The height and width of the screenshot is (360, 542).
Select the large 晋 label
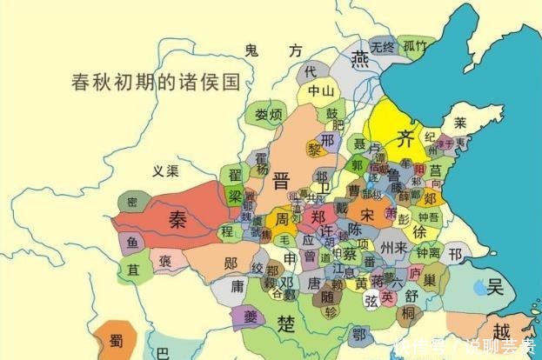(x=280, y=181)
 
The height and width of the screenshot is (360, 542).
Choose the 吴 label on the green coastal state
(x=495, y=286)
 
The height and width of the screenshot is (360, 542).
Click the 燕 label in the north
(x=359, y=60)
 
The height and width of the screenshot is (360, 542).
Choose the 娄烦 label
(x=269, y=114)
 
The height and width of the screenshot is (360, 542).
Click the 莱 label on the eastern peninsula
(x=460, y=123)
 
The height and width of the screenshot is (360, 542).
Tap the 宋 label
(x=368, y=214)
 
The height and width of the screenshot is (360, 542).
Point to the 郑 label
(x=320, y=217)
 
